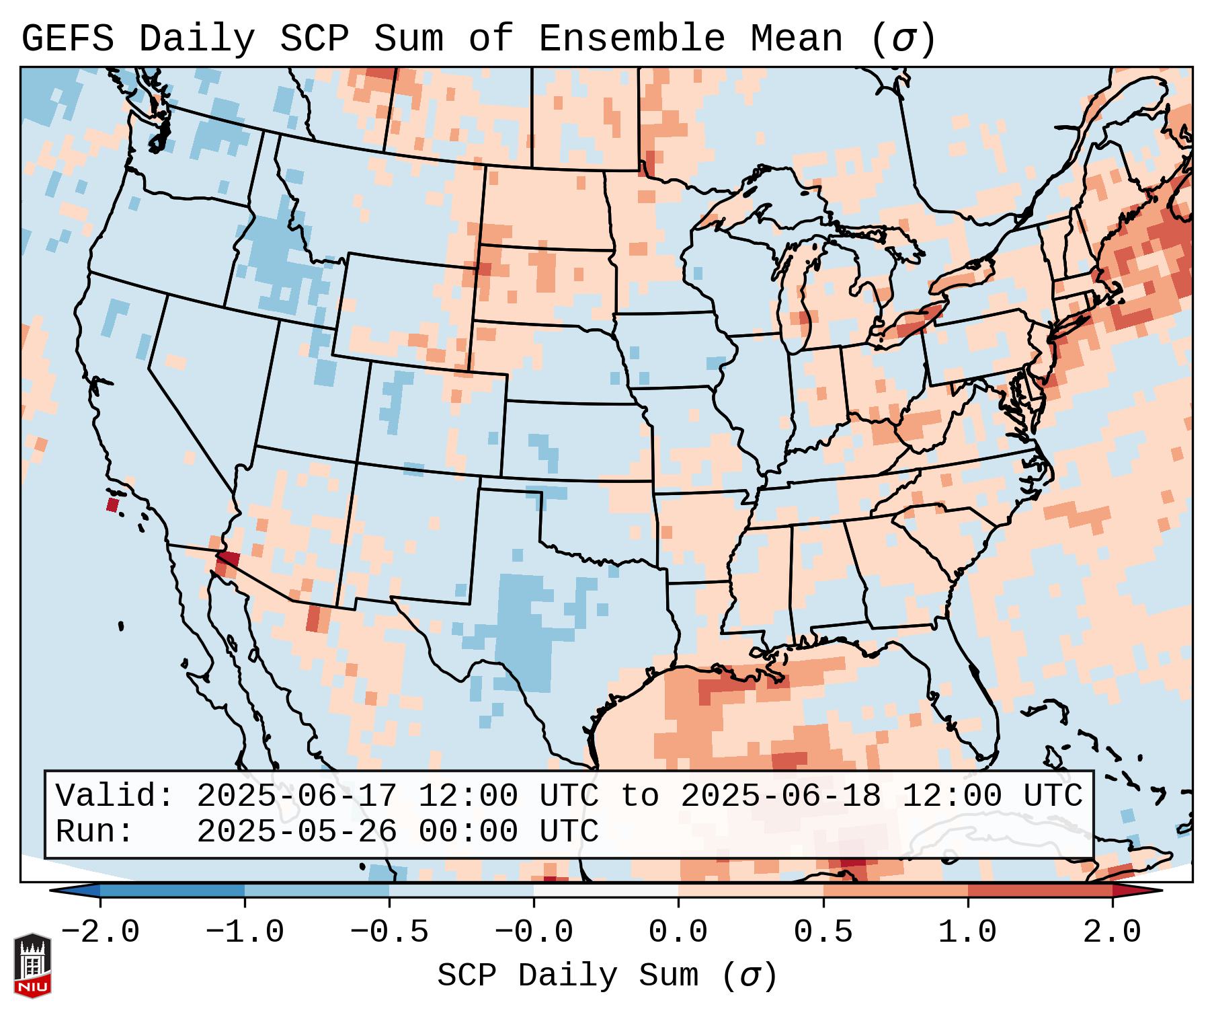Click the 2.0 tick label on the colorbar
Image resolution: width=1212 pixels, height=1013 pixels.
(x=1112, y=932)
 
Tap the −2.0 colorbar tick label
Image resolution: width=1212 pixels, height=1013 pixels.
(x=100, y=932)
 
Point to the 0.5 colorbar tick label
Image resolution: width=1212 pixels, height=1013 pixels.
(x=823, y=932)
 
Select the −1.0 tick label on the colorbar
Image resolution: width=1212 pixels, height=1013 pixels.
(x=245, y=932)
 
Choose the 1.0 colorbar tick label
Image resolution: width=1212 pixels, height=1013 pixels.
(x=967, y=932)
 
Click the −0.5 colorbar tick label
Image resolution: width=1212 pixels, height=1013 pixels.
(x=389, y=932)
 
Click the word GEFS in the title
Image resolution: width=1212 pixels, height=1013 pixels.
(x=68, y=39)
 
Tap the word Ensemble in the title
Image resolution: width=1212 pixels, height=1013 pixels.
(x=632, y=39)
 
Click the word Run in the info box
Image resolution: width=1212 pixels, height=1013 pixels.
(x=89, y=831)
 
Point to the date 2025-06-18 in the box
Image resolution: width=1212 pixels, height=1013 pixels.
(x=780, y=796)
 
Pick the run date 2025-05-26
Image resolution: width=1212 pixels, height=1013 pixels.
(x=296, y=831)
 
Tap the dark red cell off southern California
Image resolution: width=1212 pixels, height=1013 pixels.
(x=112, y=504)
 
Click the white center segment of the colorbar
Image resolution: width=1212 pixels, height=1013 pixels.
(x=606, y=891)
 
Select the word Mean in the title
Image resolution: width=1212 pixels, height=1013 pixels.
(x=796, y=39)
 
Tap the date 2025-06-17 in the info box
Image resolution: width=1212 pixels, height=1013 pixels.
(x=296, y=796)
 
